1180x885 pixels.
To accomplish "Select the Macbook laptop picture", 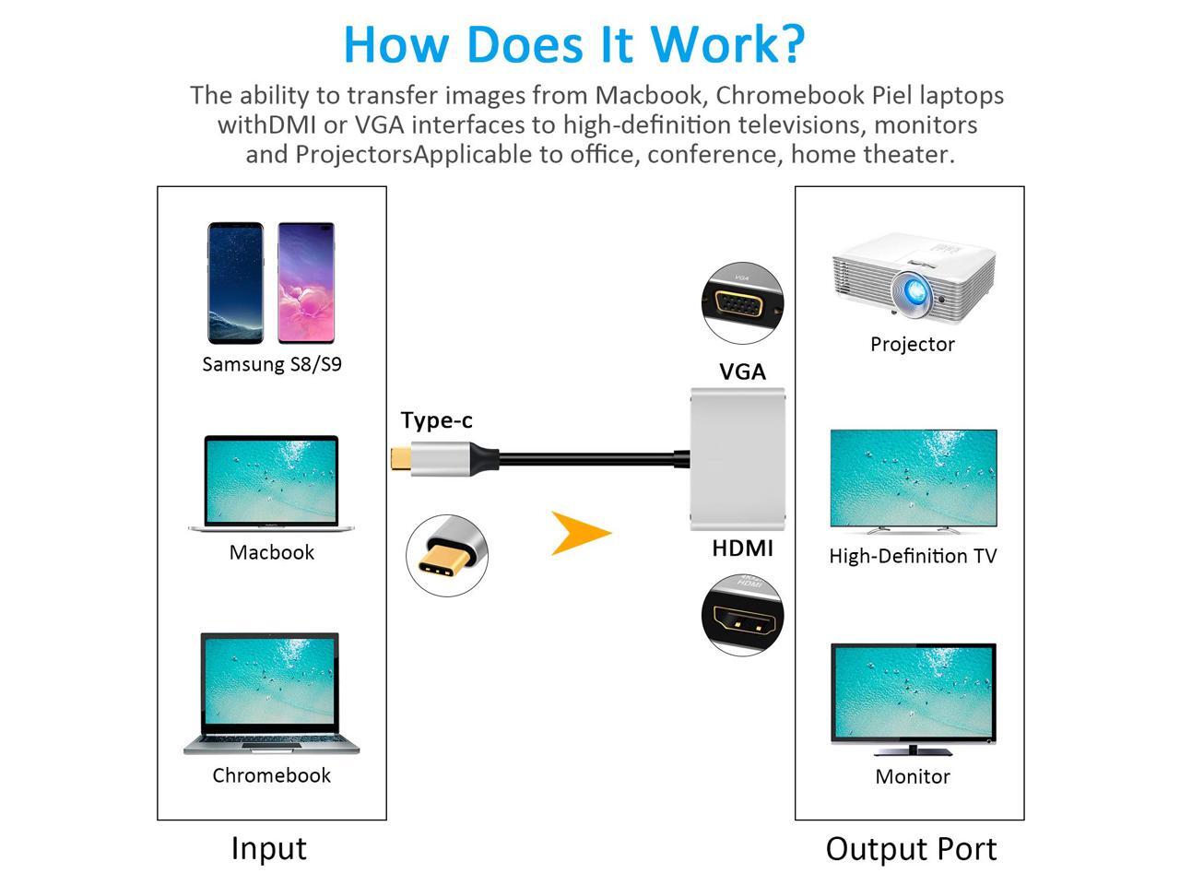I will coord(272,483).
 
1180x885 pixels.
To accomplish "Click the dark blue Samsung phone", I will coord(235,282).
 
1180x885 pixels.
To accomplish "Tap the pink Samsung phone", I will coord(305,282).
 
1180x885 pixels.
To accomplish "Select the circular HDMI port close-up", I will coord(742,615).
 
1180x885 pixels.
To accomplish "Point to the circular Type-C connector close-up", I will coord(447,555).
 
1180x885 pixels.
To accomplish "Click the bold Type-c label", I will coord(437,420).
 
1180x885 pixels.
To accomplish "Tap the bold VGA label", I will coord(742,372).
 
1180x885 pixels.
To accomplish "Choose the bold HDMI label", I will coord(742,549).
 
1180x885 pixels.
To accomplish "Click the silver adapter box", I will coord(737,459).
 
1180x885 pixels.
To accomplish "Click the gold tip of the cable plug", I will coord(399,457).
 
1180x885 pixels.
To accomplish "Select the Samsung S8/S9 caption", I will coord(272,364).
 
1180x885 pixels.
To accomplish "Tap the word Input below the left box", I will coord(268,848).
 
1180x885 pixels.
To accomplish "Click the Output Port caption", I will coord(911,849).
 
